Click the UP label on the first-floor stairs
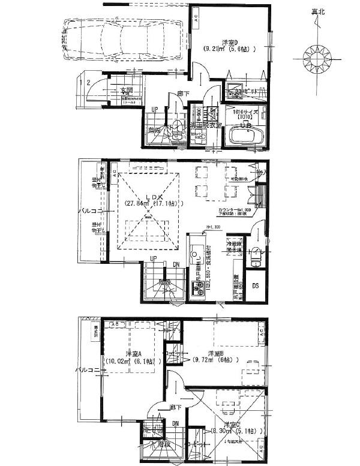pos(155,110)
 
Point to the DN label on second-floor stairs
pos(175,265)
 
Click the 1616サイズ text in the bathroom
pos(245,112)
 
